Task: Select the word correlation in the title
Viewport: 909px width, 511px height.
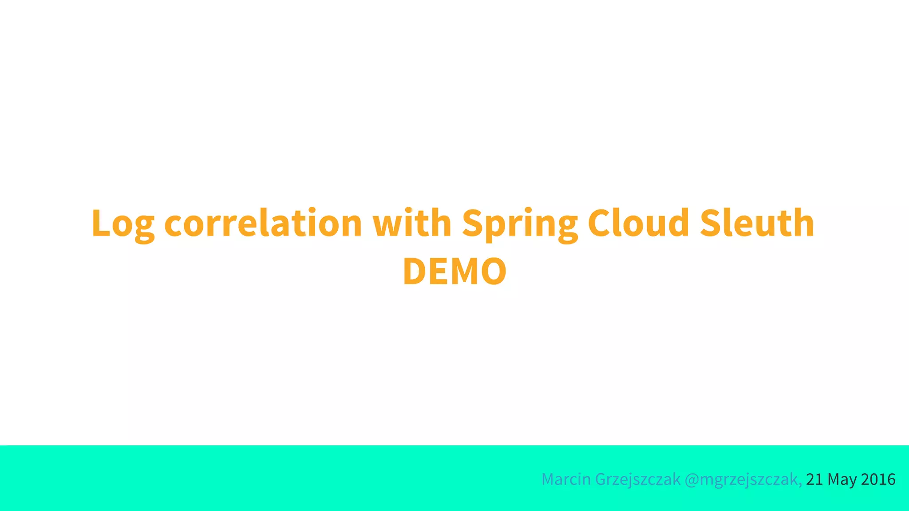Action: coord(263,223)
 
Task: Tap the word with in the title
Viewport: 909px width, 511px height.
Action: coord(412,223)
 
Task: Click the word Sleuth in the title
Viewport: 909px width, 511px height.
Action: coord(757,223)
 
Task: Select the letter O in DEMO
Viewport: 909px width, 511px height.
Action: coord(494,271)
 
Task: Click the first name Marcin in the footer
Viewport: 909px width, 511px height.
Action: coord(566,480)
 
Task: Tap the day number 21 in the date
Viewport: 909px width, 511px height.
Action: coord(814,480)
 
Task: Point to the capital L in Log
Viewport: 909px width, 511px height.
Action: coord(100,223)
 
